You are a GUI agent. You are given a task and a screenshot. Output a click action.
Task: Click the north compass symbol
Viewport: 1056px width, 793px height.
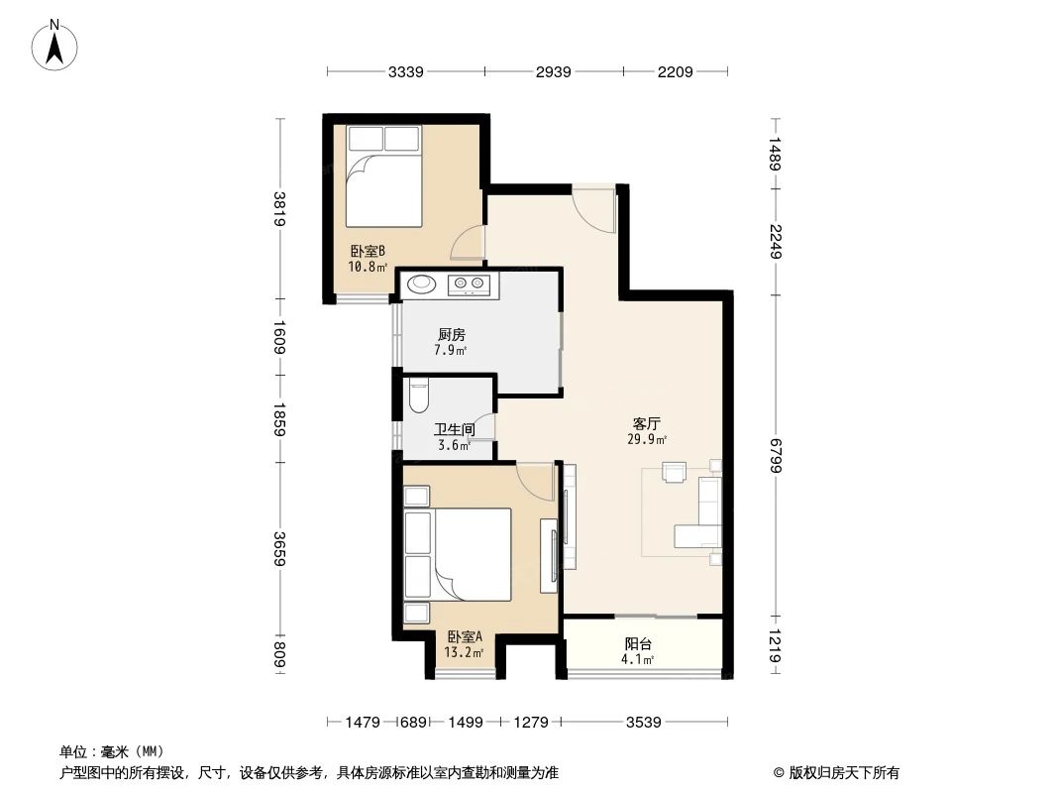tap(56, 44)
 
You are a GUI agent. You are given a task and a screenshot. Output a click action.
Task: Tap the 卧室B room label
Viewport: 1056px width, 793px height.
tap(366, 252)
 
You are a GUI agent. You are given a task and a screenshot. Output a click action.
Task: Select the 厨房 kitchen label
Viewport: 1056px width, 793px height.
tap(450, 335)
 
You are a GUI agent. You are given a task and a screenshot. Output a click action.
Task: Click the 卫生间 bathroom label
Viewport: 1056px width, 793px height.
tap(454, 430)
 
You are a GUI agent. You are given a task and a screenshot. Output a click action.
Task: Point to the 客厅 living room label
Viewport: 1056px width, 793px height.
tap(646, 423)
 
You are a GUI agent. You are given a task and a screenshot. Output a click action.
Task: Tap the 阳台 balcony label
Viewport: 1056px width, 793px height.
tap(638, 643)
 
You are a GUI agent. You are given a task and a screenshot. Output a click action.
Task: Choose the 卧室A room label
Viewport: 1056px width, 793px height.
tap(465, 636)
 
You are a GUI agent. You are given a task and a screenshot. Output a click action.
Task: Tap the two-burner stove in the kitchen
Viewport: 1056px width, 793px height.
tap(469, 284)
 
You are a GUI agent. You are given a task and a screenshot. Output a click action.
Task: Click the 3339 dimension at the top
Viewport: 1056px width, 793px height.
tap(406, 71)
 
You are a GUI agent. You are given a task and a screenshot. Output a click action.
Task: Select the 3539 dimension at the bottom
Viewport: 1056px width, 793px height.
tap(643, 723)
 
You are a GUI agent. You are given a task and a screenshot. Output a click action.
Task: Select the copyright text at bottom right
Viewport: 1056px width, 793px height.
tap(831, 773)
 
